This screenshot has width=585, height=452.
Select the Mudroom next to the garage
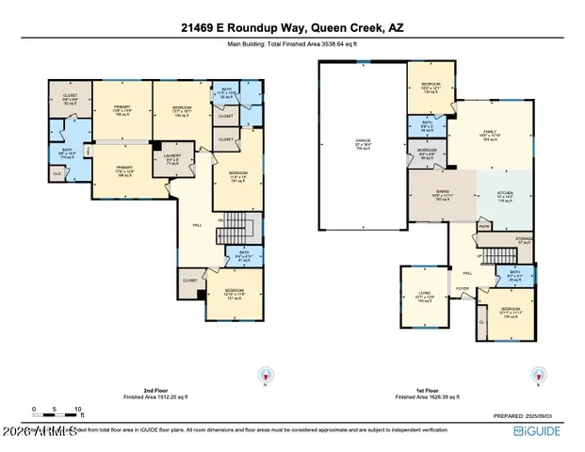(427, 155)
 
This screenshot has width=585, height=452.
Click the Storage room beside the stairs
(524, 240)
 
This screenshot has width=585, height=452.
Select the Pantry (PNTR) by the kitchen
(484, 226)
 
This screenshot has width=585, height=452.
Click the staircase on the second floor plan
(240, 227)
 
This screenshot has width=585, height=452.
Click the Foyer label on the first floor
(463, 289)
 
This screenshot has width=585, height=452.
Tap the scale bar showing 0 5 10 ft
(57, 412)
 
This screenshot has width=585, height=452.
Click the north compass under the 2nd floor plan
(264, 374)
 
